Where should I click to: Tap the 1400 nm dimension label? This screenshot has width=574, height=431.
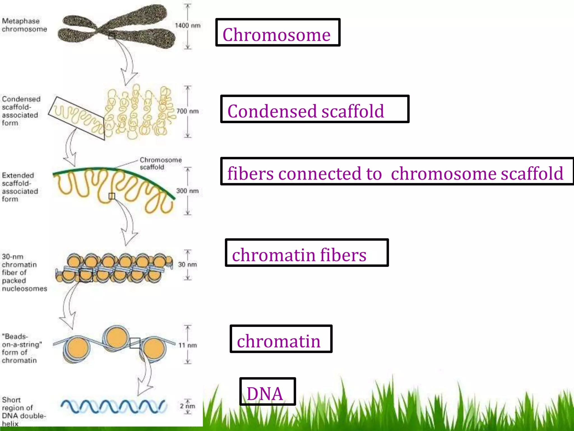[x=188, y=26]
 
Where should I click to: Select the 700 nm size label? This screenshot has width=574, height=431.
[x=188, y=111]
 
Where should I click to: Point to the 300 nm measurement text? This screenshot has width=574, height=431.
[x=187, y=191]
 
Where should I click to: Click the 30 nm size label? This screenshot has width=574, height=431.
[x=187, y=264]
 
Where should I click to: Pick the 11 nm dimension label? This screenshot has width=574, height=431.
[x=188, y=345]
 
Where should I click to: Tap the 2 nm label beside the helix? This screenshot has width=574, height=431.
[x=187, y=406]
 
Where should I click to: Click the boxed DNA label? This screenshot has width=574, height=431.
[x=265, y=393]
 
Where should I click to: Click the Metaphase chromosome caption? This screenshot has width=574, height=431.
[x=24, y=25]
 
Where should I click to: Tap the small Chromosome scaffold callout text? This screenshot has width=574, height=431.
[x=160, y=163]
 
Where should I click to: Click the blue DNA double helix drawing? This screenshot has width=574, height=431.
[x=114, y=406]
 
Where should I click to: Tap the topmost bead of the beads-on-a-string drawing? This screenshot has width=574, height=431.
[x=116, y=337]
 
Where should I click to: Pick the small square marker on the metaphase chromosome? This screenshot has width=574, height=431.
[x=112, y=36]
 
